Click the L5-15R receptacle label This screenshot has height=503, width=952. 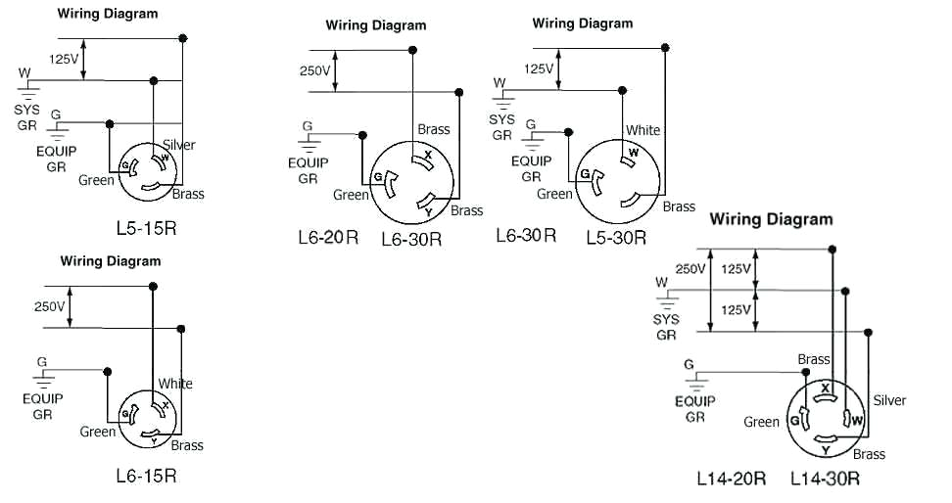tap(146, 229)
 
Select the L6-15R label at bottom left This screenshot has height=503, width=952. tap(146, 476)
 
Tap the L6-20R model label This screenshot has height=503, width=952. tap(328, 237)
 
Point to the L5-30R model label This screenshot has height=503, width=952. tap(616, 236)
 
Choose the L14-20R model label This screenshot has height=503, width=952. tap(731, 479)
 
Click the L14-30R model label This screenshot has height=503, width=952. tap(826, 479)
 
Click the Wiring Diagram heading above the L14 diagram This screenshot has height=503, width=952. tap(771, 219)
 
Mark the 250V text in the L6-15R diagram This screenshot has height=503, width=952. tap(49, 306)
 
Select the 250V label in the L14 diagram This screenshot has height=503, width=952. tap(690, 269)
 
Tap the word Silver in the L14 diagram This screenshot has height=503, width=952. tap(888, 400)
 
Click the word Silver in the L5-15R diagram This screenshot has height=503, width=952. tap(179, 145)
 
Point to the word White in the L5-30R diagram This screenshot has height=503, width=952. tap(643, 130)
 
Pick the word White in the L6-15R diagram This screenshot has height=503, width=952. tap(175, 384)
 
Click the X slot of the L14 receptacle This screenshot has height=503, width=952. tap(826, 389)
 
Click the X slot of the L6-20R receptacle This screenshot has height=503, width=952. tap(426, 157)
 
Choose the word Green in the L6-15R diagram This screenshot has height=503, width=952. tap(98, 432)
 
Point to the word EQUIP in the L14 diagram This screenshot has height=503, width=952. tap(695, 400)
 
